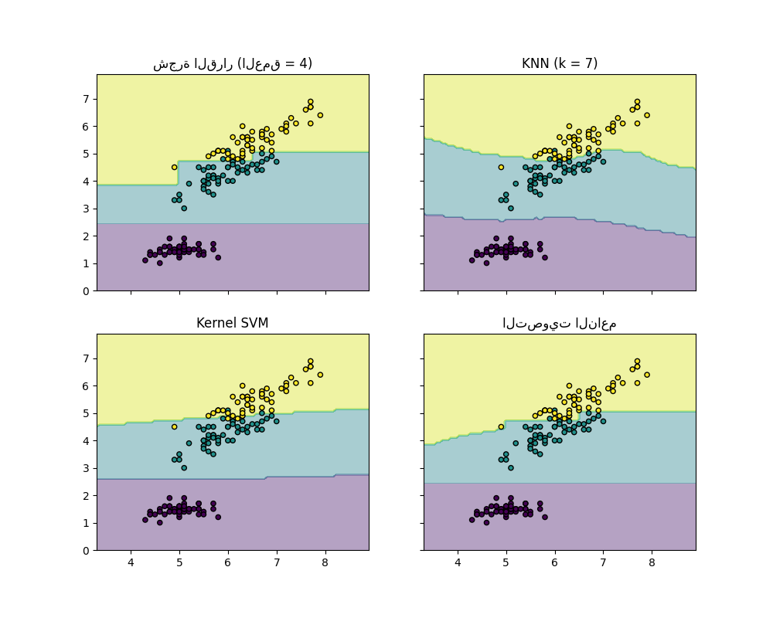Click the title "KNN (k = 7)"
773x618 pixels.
coord(559,63)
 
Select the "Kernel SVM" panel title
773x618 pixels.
coord(232,323)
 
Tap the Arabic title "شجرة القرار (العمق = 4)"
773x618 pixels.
coord(232,63)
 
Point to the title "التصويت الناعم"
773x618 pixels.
coord(559,323)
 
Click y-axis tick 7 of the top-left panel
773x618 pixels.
coord(87,98)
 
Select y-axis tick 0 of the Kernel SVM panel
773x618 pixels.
coord(87,551)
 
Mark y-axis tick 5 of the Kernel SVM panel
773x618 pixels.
coord(87,413)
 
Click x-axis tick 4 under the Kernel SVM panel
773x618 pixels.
coord(131,562)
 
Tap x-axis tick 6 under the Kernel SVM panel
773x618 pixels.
coord(228,562)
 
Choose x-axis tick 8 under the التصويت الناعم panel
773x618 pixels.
coord(652,562)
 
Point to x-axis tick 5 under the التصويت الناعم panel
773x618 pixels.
coord(506,562)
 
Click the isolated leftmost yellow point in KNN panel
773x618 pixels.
coord(501,167)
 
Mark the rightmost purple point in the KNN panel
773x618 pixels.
coord(545,257)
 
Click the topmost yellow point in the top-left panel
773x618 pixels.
coord(310,101)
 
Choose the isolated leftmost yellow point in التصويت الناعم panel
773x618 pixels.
coord(501,426)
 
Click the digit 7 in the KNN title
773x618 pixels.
coord(590,63)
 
